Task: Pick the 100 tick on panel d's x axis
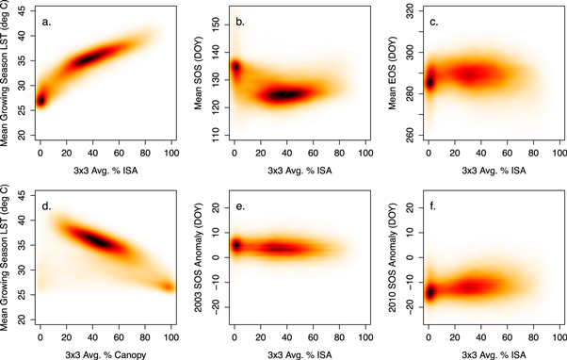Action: (171, 337)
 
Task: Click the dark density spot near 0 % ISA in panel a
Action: (40, 100)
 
